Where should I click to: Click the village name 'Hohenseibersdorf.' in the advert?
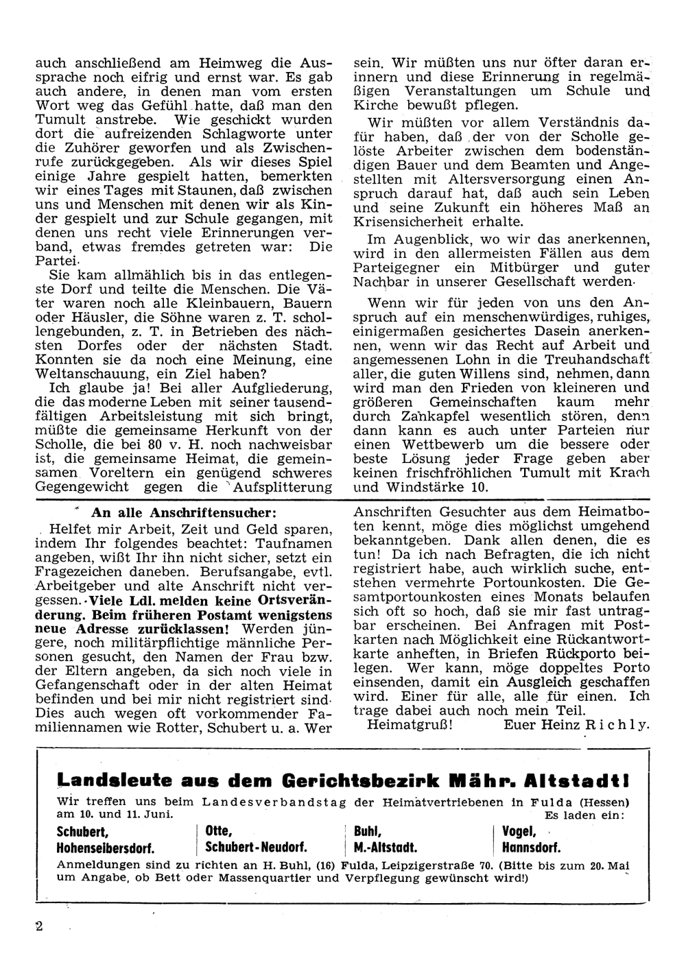click(x=113, y=847)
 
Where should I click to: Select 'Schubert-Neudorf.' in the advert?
click(x=256, y=847)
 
